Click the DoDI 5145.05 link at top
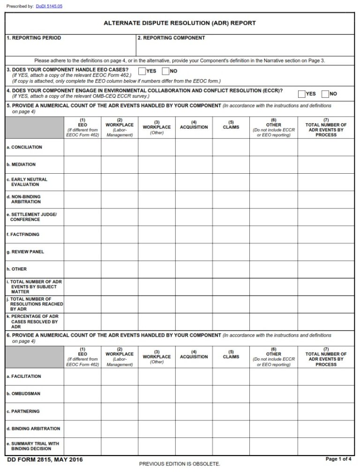point(49,6)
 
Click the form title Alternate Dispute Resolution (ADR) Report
point(180,23)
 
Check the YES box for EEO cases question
point(142,71)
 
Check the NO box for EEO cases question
point(165,71)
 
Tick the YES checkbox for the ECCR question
point(302,94)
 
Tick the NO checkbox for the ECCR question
point(325,94)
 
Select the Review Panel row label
point(25,252)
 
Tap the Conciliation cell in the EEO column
point(82,147)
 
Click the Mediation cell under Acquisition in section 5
point(194,165)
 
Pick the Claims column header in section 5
point(231,127)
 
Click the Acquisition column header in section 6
point(194,356)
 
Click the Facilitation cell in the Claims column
point(231,376)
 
